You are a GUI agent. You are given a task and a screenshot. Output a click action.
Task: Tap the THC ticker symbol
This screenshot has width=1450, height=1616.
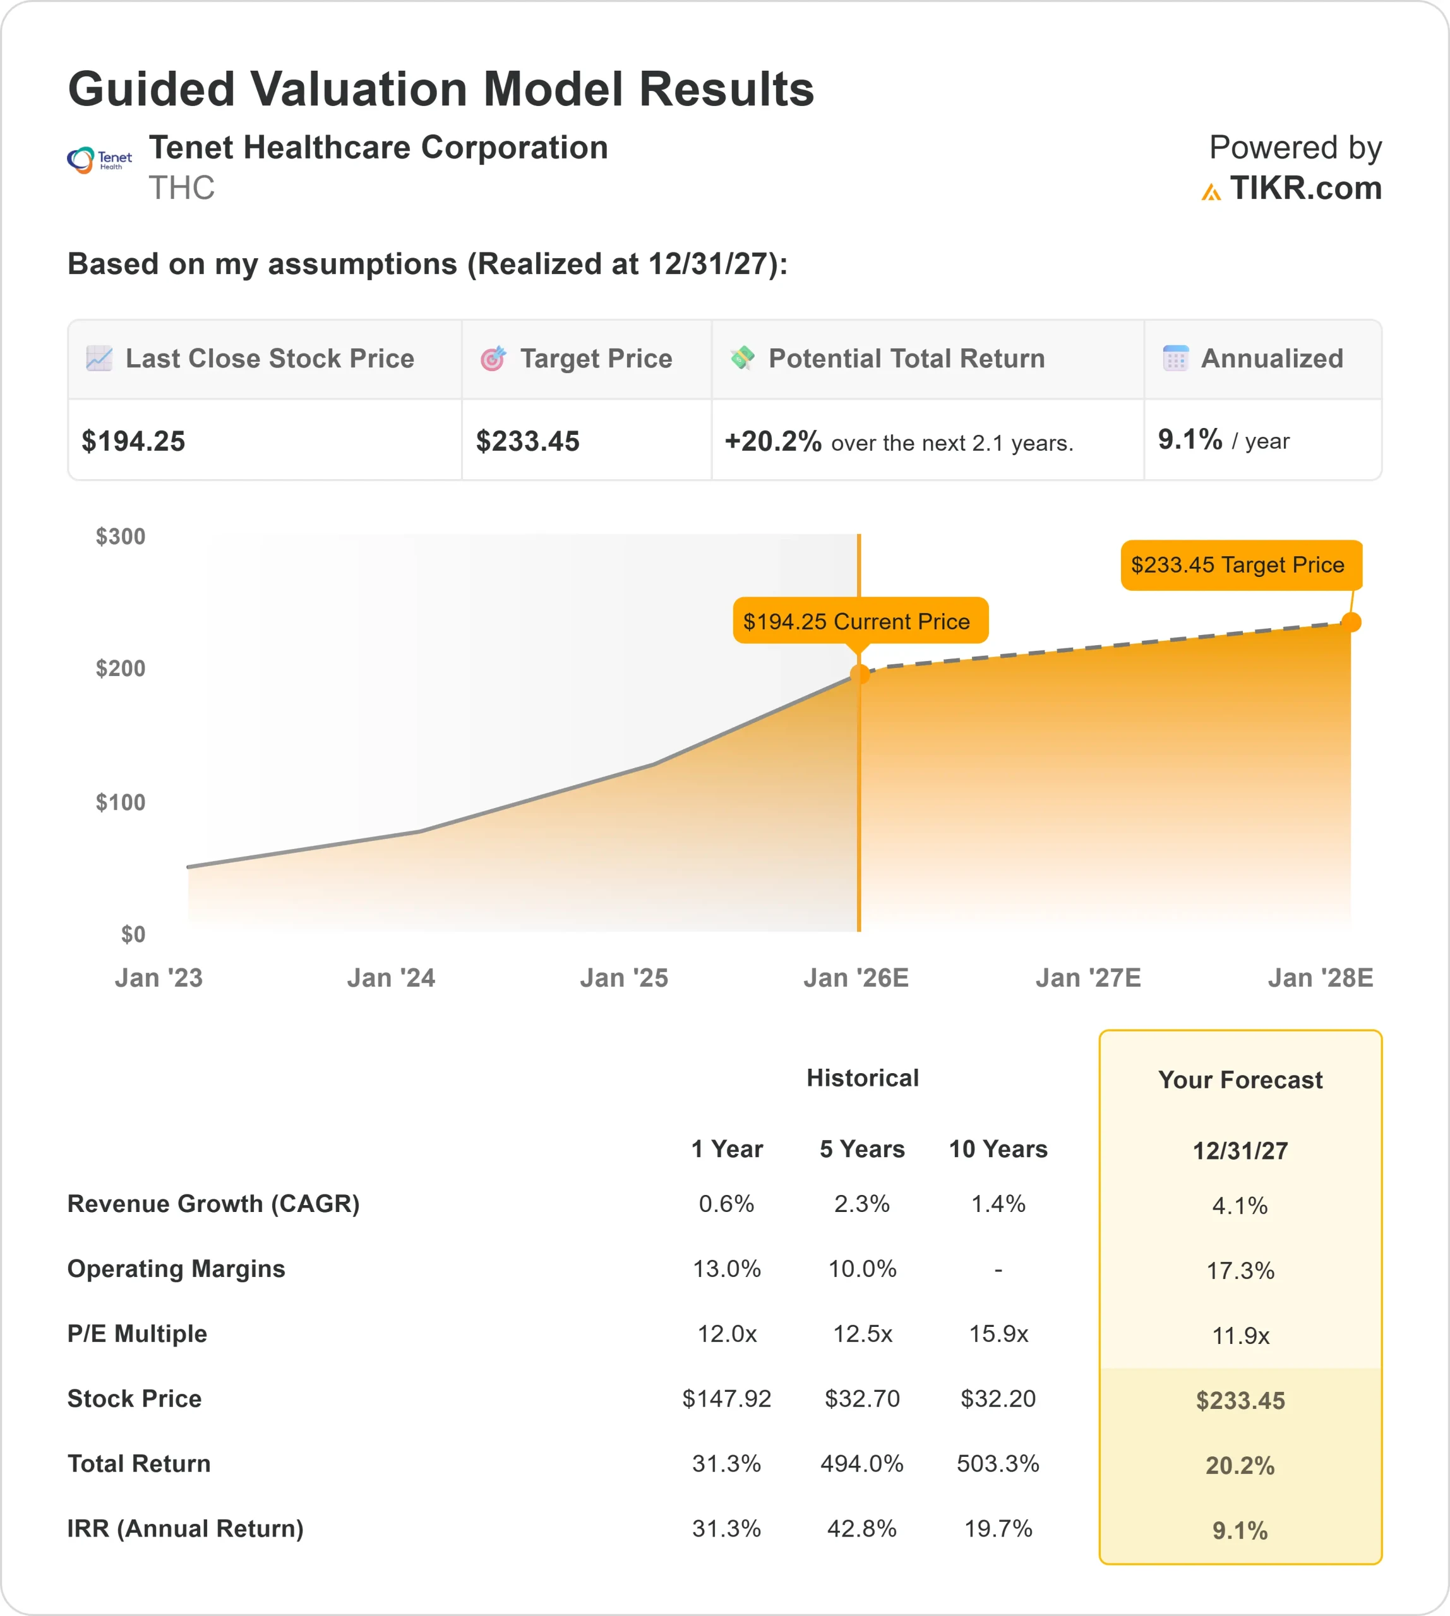[182, 188]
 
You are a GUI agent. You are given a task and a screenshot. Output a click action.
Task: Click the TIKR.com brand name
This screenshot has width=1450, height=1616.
[1305, 188]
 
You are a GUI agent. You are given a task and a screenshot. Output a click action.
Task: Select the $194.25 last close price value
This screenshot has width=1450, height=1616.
[133, 441]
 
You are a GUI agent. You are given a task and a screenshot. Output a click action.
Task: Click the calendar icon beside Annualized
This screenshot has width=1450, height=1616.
[1175, 359]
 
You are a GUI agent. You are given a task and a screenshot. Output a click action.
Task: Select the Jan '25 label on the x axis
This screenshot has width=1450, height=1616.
[624, 978]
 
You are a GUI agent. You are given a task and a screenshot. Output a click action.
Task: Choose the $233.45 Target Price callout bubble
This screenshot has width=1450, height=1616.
[1240, 565]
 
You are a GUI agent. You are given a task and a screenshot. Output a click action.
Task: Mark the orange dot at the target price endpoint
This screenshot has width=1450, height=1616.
[1350, 622]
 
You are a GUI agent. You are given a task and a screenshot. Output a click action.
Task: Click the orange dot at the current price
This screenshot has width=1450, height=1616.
[860, 674]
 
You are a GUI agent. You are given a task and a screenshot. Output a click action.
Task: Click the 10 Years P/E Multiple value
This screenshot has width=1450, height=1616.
[998, 1333]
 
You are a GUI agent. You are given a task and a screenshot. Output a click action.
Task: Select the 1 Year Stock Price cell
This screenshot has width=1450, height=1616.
[727, 1399]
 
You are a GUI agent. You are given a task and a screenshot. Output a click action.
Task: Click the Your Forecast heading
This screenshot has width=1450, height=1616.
[1240, 1080]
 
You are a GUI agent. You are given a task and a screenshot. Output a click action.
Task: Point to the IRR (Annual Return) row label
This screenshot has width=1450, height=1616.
[186, 1528]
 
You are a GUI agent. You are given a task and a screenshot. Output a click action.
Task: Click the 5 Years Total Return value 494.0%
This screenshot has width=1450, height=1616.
[862, 1463]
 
